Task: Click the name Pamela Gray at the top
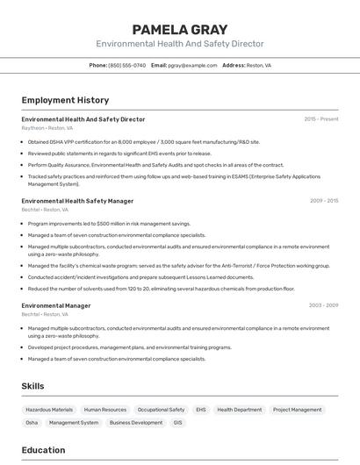click(x=179, y=29)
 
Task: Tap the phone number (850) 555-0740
click(x=126, y=65)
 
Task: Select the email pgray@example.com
click(x=192, y=65)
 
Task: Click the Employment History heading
click(x=65, y=100)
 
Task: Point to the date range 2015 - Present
click(x=320, y=118)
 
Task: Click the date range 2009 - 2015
click(x=323, y=201)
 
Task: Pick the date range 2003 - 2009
click(x=323, y=305)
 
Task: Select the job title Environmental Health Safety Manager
click(x=77, y=201)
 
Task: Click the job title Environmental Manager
click(x=56, y=305)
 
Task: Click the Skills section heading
click(x=32, y=386)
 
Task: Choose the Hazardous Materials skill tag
click(x=49, y=410)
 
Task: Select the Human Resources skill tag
click(x=105, y=410)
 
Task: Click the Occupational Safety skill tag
click(x=161, y=410)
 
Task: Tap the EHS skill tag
click(x=201, y=410)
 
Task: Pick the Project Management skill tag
click(x=297, y=410)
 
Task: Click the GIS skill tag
click(x=178, y=423)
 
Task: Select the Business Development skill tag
click(x=136, y=423)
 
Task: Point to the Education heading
click(x=43, y=450)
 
